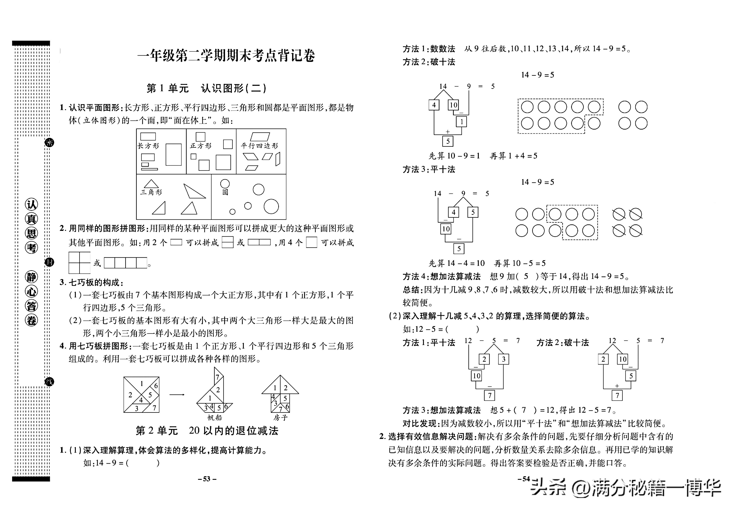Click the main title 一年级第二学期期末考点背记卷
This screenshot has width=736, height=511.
[x=226, y=56]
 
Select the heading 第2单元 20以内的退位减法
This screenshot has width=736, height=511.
[x=207, y=431]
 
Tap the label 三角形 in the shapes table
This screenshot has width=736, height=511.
[x=151, y=192]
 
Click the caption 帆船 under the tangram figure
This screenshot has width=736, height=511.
[x=214, y=417]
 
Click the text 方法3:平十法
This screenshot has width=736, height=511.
[x=429, y=169]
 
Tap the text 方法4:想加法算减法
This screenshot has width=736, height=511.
[x=442, y=276]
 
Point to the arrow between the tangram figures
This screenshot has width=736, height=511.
[x=177, y=394]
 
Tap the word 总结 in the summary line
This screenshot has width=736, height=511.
[x=411, y=290]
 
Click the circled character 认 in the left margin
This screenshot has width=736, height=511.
[x=31, y=205]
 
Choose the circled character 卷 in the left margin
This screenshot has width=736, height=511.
[x=31, y=320]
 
